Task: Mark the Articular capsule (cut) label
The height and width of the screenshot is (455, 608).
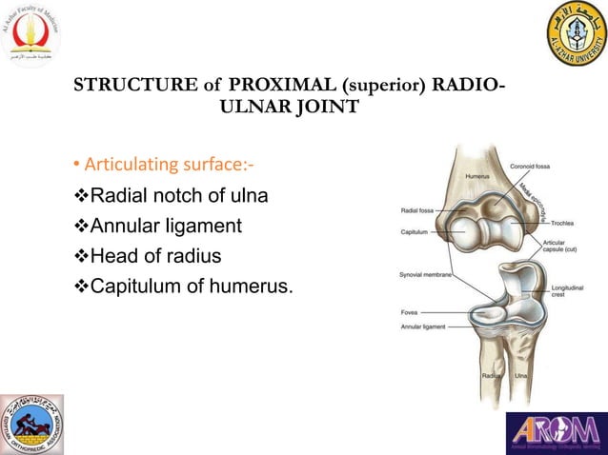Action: tap(555, 247)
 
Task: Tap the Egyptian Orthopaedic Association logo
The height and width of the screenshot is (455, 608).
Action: tap(32, 425)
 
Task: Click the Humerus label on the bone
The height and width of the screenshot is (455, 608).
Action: tap(476, 176)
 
